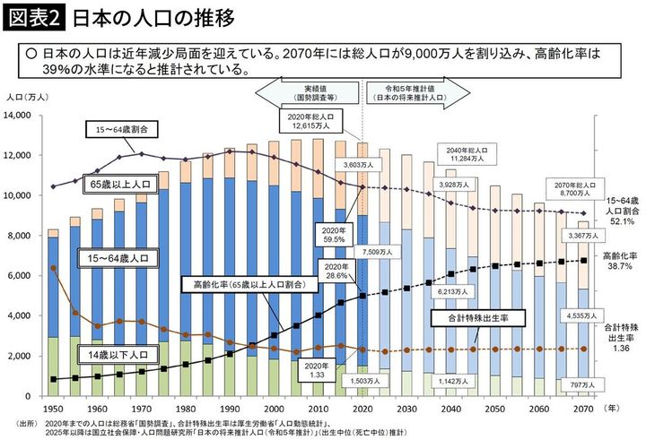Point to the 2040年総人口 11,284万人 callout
point(466,153)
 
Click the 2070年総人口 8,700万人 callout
point(569,189)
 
